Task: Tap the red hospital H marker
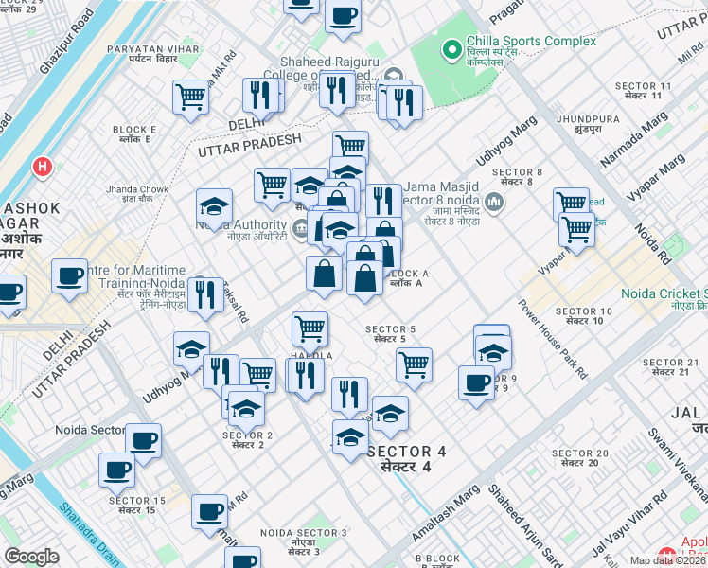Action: (x=42, y=168)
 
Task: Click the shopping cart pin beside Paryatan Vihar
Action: (x=191, y=96)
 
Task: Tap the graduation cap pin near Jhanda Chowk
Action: (x=215, y=205)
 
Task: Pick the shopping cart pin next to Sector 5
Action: (x=414, y=364)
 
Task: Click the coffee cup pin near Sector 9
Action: (x=476, y=382)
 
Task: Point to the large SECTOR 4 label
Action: (x=405, y=458)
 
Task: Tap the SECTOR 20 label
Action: (x=578, y=457)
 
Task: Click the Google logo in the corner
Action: (x=31, y=557)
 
